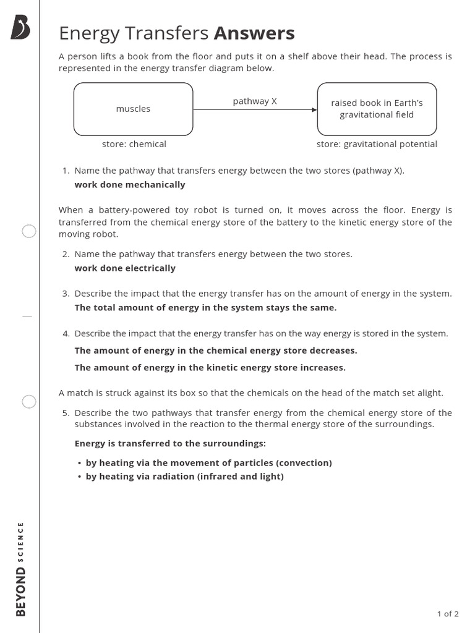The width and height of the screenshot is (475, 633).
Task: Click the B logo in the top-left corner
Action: [20, 28]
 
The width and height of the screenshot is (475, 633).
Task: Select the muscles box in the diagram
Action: [133, 109]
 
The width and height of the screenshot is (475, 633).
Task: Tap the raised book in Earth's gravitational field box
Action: [377, 109]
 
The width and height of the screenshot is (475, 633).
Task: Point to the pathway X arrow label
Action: [255, 101]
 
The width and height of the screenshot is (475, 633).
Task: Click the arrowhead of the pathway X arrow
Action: [314, 110]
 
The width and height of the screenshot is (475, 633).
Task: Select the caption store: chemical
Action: [134, 144]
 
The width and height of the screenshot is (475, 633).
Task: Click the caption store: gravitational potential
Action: [377, 144]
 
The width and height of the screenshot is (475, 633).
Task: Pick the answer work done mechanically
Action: [130, 185]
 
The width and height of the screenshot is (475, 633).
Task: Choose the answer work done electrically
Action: [125, 268]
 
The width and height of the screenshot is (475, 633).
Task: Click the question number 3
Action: [66, 294]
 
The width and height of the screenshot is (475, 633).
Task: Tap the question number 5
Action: [66, 413]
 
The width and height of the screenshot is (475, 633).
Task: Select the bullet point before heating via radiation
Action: [80, 477]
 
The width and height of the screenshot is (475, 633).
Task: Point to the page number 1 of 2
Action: [448, 614]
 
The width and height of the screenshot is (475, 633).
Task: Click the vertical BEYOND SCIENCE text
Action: [21, 569]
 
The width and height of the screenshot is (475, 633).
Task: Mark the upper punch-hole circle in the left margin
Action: [29, 232]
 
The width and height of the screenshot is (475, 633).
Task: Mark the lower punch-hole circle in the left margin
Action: [29, 402]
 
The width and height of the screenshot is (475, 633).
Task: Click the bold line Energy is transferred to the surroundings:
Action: [170, 444]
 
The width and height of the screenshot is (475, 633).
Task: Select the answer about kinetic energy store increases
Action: [210, 368]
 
